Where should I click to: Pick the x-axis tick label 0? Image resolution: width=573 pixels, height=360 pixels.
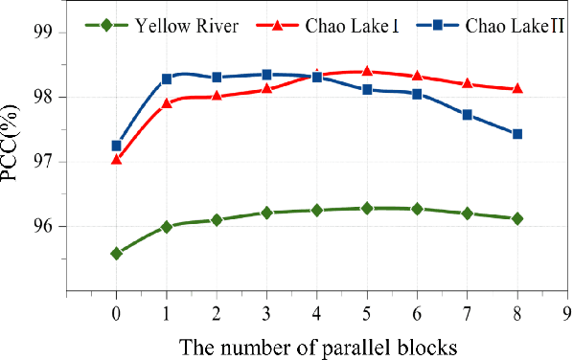pos(116,312)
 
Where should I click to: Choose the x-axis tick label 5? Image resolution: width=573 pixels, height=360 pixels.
pos(367,312)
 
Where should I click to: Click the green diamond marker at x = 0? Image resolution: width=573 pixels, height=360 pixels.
pos(116,254)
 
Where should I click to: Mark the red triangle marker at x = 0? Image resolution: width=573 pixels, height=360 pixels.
pos(116,159)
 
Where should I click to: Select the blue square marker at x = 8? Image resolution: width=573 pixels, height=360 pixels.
pos(517,134)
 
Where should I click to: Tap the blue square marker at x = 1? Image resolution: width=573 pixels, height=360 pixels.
pos(166,79)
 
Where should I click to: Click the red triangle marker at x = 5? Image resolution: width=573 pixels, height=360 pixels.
pos(367,71)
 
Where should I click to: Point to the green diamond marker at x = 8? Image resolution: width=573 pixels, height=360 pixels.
pos(517,218)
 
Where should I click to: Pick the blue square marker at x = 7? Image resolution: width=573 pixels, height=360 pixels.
pos(468,115)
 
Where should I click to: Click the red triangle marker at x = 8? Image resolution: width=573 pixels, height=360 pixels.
pos(517,88)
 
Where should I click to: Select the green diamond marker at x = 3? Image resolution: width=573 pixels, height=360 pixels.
pos(266,213)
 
